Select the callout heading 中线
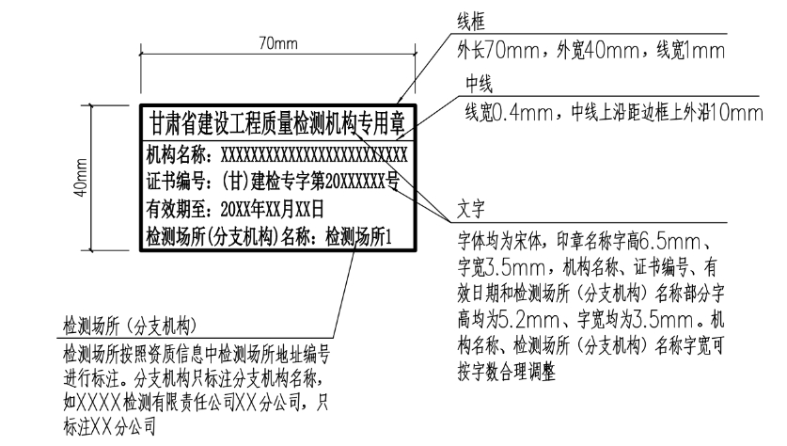480,84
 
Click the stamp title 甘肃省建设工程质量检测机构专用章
277,123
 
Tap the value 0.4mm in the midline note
529,112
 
